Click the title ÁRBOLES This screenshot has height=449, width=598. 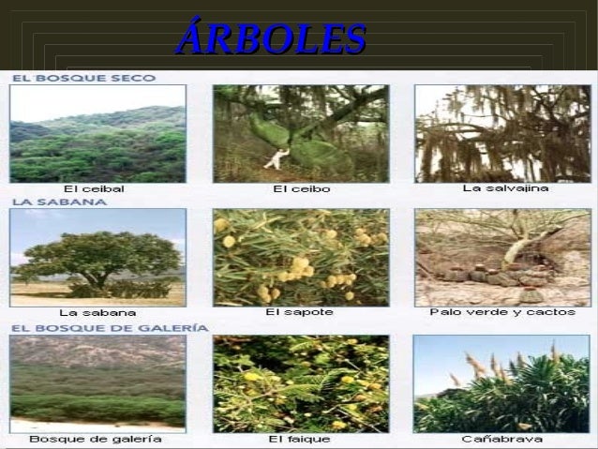(270, 39)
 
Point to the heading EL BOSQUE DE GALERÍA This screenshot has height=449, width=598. (109, 327)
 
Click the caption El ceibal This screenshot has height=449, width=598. (94, 188)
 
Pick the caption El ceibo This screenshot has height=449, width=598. (301, 188)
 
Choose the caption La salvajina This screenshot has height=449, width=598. (505, 187)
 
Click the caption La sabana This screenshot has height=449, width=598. (97, 312)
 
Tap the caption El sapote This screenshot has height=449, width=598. (300, 311)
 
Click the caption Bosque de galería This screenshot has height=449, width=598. (97, 438)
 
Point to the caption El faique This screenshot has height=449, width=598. (299, 438)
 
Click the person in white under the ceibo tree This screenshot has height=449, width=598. (275, 158)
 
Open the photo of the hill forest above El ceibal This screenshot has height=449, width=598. (97, 133)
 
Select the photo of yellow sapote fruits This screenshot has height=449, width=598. (300, 256)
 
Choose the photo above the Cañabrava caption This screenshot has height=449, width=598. (504, 382)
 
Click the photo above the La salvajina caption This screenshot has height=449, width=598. (504, 133)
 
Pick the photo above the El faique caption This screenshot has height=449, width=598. (300, 382)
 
